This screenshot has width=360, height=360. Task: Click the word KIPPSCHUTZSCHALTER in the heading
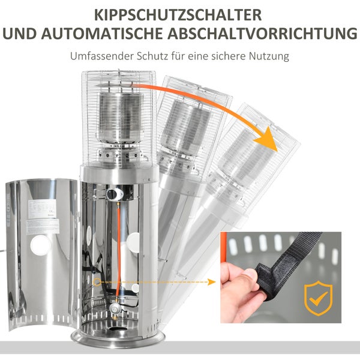coord(179,13)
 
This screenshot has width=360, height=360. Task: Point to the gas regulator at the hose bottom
coord(117,307)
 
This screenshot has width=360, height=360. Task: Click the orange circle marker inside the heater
coord(98,281)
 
